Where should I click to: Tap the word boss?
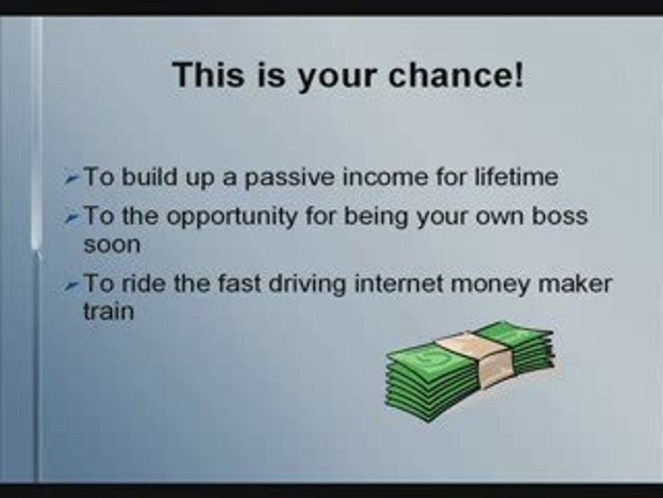point(562,216)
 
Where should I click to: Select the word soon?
point(111,244)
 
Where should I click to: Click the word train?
point(108,311)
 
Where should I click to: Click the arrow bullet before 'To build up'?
point(71,179)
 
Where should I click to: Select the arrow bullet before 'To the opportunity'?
point(71,218)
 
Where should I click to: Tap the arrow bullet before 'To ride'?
point(71,286)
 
